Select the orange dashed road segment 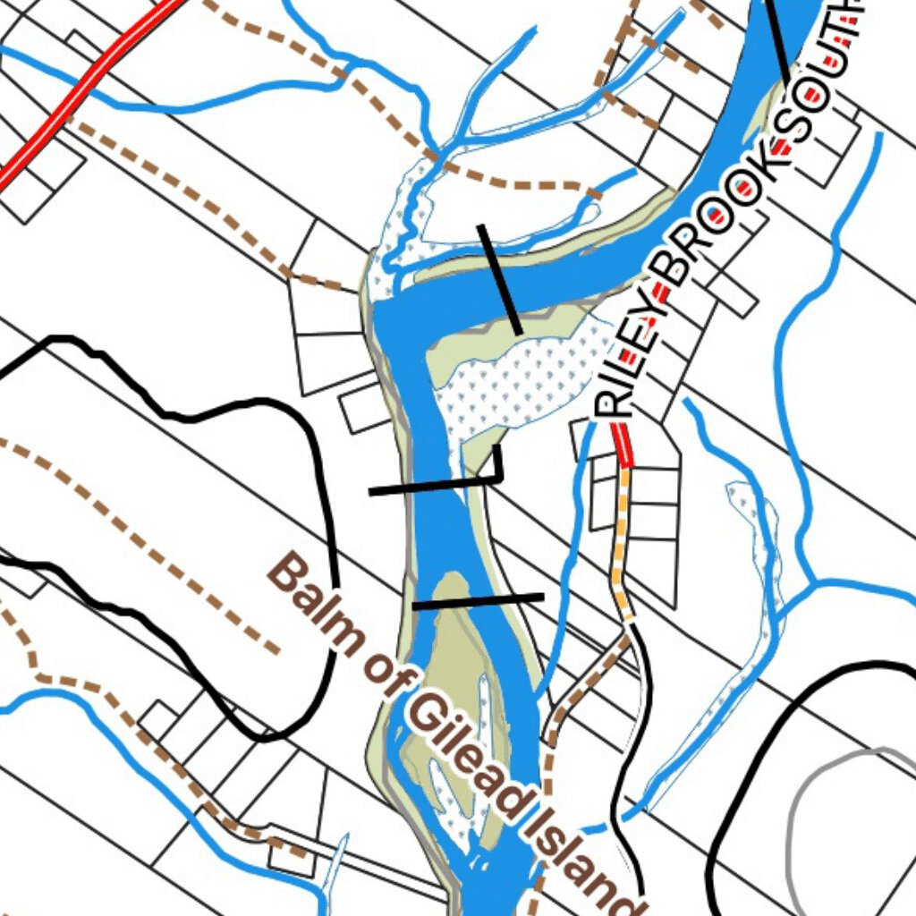click(x=620, y=546)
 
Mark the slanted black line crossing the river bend click(x=500, y=279)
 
